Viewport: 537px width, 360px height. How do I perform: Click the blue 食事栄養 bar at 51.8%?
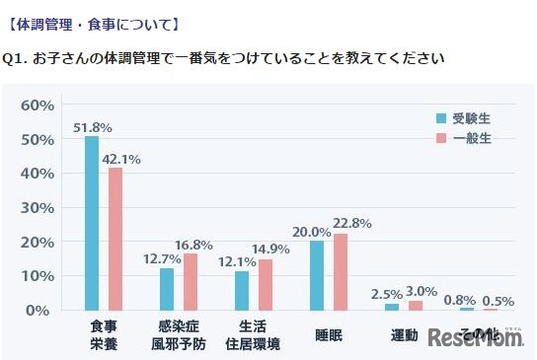[x=92, y=223]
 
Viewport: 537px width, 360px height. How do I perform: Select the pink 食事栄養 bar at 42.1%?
[x=115, y=239]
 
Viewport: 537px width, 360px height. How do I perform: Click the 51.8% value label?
[x=92, y=127]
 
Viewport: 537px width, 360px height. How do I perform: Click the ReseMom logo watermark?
[x=476, y=337]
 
